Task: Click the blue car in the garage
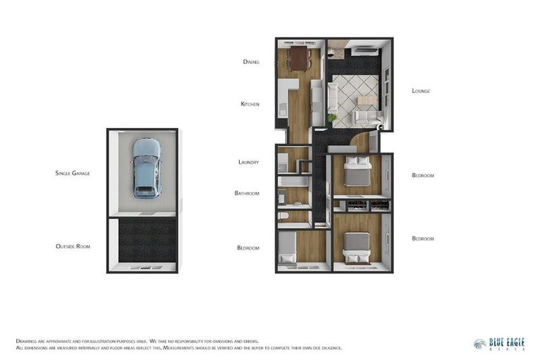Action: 146,167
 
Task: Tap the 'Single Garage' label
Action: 72,172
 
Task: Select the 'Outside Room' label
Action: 72,246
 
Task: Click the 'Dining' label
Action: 251,62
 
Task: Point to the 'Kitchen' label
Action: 250,104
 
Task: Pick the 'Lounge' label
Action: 420,91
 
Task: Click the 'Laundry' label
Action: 248,162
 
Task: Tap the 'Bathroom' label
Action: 247,193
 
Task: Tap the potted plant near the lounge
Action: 332,117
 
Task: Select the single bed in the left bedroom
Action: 288,248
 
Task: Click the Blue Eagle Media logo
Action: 499,343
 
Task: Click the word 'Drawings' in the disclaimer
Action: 28,340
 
